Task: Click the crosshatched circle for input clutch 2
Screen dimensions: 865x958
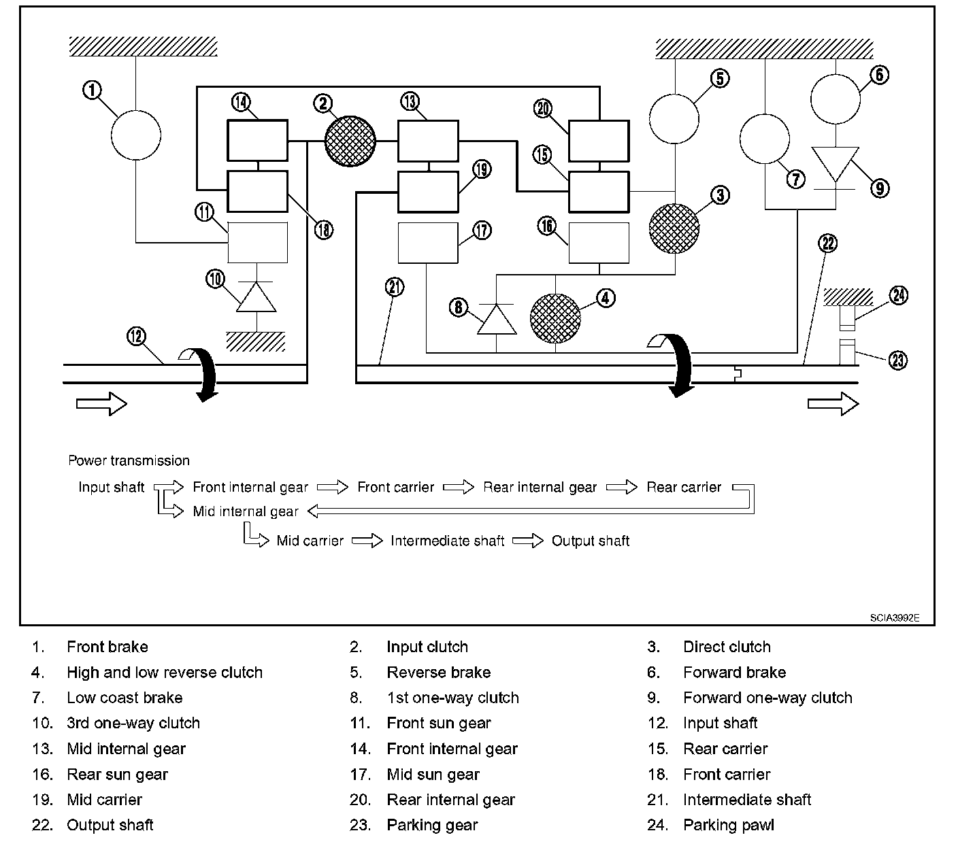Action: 350,141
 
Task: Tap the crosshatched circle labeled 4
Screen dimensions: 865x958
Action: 556,319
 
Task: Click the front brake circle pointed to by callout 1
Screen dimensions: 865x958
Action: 136,134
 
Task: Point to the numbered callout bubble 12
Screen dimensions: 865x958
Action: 137,335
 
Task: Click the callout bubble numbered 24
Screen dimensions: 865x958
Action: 899,295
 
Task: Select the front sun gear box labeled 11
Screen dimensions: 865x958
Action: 257,242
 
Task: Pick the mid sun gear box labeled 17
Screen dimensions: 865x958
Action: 427,243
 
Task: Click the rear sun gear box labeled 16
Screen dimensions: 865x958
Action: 598,243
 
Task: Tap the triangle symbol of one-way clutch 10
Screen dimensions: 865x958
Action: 257,298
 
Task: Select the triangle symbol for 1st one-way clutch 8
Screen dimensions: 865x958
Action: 496,319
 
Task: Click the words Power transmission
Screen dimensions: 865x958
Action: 129,460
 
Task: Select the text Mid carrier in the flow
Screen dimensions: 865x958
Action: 310,541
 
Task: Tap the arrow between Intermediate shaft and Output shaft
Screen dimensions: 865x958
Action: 528,541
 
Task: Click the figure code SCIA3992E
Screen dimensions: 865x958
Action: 894,618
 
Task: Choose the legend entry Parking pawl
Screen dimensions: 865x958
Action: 729,825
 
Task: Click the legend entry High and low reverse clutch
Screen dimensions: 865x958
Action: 165,673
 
